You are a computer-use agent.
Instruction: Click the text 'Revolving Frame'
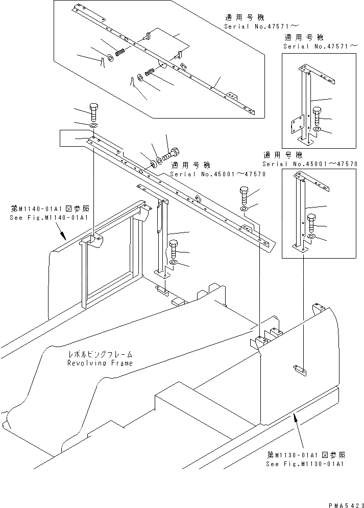[100, 363]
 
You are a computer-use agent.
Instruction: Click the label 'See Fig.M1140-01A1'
[48, 217]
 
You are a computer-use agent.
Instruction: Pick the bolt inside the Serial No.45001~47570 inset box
[312, 222]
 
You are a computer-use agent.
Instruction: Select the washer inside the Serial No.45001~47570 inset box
[312, 237]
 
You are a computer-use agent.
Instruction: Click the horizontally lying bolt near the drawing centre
[170, 153]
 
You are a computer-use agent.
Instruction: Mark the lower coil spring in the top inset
[151, 73]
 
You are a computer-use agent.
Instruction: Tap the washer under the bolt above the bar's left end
[93, 125]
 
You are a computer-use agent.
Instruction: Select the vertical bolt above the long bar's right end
[244, 195]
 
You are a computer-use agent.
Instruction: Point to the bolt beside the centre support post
[174, 248]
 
